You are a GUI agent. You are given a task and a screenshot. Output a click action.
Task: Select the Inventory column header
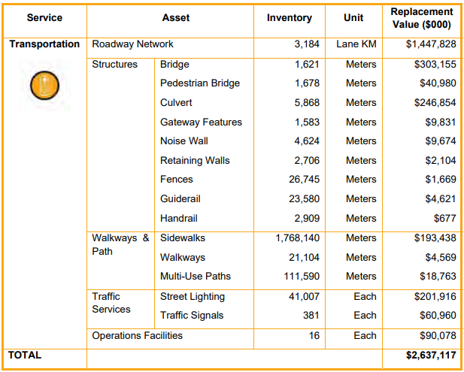tap(289, 17)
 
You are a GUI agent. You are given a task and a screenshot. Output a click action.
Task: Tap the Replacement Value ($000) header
tap(421, 18)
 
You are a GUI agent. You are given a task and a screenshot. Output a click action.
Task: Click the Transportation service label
tap(44, 44)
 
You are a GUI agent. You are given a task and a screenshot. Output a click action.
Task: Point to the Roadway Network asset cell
tap(132, 44)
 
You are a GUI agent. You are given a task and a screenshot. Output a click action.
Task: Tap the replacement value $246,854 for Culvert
tap(435, 102)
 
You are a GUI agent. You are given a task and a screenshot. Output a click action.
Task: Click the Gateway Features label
tap(201, 122)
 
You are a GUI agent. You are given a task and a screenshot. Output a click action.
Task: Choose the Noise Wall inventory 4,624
tap(307, 141)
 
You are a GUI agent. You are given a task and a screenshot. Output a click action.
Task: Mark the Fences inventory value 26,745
tap(304, 180)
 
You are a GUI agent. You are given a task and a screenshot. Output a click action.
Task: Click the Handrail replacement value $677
tap(444, 218)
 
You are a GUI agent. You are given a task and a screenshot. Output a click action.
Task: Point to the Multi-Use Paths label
tap(196, 276)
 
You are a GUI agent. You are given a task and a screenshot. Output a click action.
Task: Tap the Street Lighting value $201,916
tap(435, 296)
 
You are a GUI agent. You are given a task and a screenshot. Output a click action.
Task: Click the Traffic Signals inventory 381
tap(311, 316)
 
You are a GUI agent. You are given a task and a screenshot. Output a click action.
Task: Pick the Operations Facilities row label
tap(137, 335)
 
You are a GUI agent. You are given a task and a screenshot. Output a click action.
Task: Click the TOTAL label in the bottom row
tap(25, 355)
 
